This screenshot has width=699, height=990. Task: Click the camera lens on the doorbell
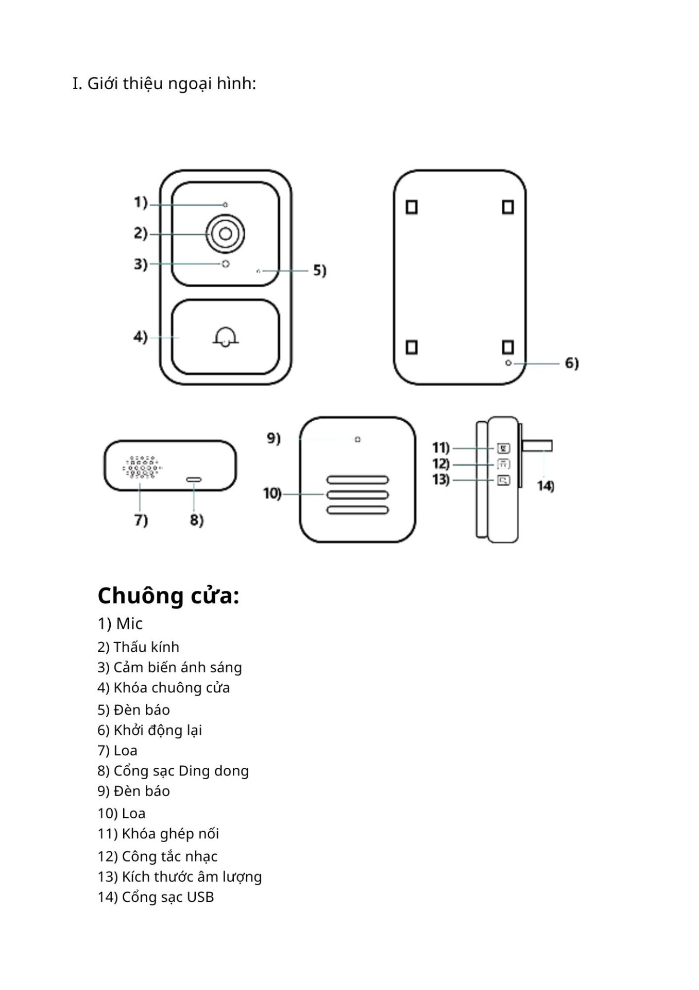pos(225,234)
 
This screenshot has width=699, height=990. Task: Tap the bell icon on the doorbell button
pos(225,337)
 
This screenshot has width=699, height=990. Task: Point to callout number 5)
pos(319,270)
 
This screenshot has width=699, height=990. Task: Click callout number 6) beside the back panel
pos(572,363)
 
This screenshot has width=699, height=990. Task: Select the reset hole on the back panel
pos(508,363)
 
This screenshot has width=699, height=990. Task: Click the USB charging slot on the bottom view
pos(194,480)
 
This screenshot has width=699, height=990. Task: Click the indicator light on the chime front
pos(357,439)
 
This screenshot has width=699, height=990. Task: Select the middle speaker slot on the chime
pos(357,495)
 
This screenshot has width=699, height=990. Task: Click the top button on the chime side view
pos(503,448)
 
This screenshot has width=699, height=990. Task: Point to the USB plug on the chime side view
pos(537,445)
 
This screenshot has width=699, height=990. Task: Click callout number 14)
pos(545,486)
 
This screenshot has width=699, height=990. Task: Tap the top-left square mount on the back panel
pos(412,207)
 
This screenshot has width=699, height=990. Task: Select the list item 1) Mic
pos(120,623)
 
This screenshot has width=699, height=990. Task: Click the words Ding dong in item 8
pos(213,771)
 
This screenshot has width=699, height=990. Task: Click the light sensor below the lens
pos(225,264)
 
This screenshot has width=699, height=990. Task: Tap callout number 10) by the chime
pos(272,493)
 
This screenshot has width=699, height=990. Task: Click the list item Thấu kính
pos(146,647)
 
